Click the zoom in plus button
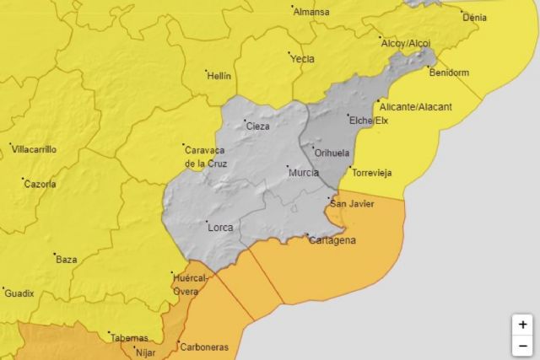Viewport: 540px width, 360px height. pos(522,325)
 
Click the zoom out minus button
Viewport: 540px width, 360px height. pos(522,345)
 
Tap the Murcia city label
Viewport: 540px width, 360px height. pos(304,173)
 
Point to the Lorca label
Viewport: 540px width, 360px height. pos(219,226)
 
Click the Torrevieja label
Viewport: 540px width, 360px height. pos(372,173)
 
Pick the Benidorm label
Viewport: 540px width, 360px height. pos(449,73)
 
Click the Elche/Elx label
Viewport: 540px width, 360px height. pos(368,121)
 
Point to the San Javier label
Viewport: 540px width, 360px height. pos(352,203)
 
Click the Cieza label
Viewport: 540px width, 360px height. pos(257,126)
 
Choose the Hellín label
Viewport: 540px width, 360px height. pos(218,75)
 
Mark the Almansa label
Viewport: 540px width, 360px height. pos(311,13)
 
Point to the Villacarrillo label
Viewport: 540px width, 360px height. pos(35,149)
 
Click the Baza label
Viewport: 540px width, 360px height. pos(66,259)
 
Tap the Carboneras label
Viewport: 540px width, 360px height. pos(202,347)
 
